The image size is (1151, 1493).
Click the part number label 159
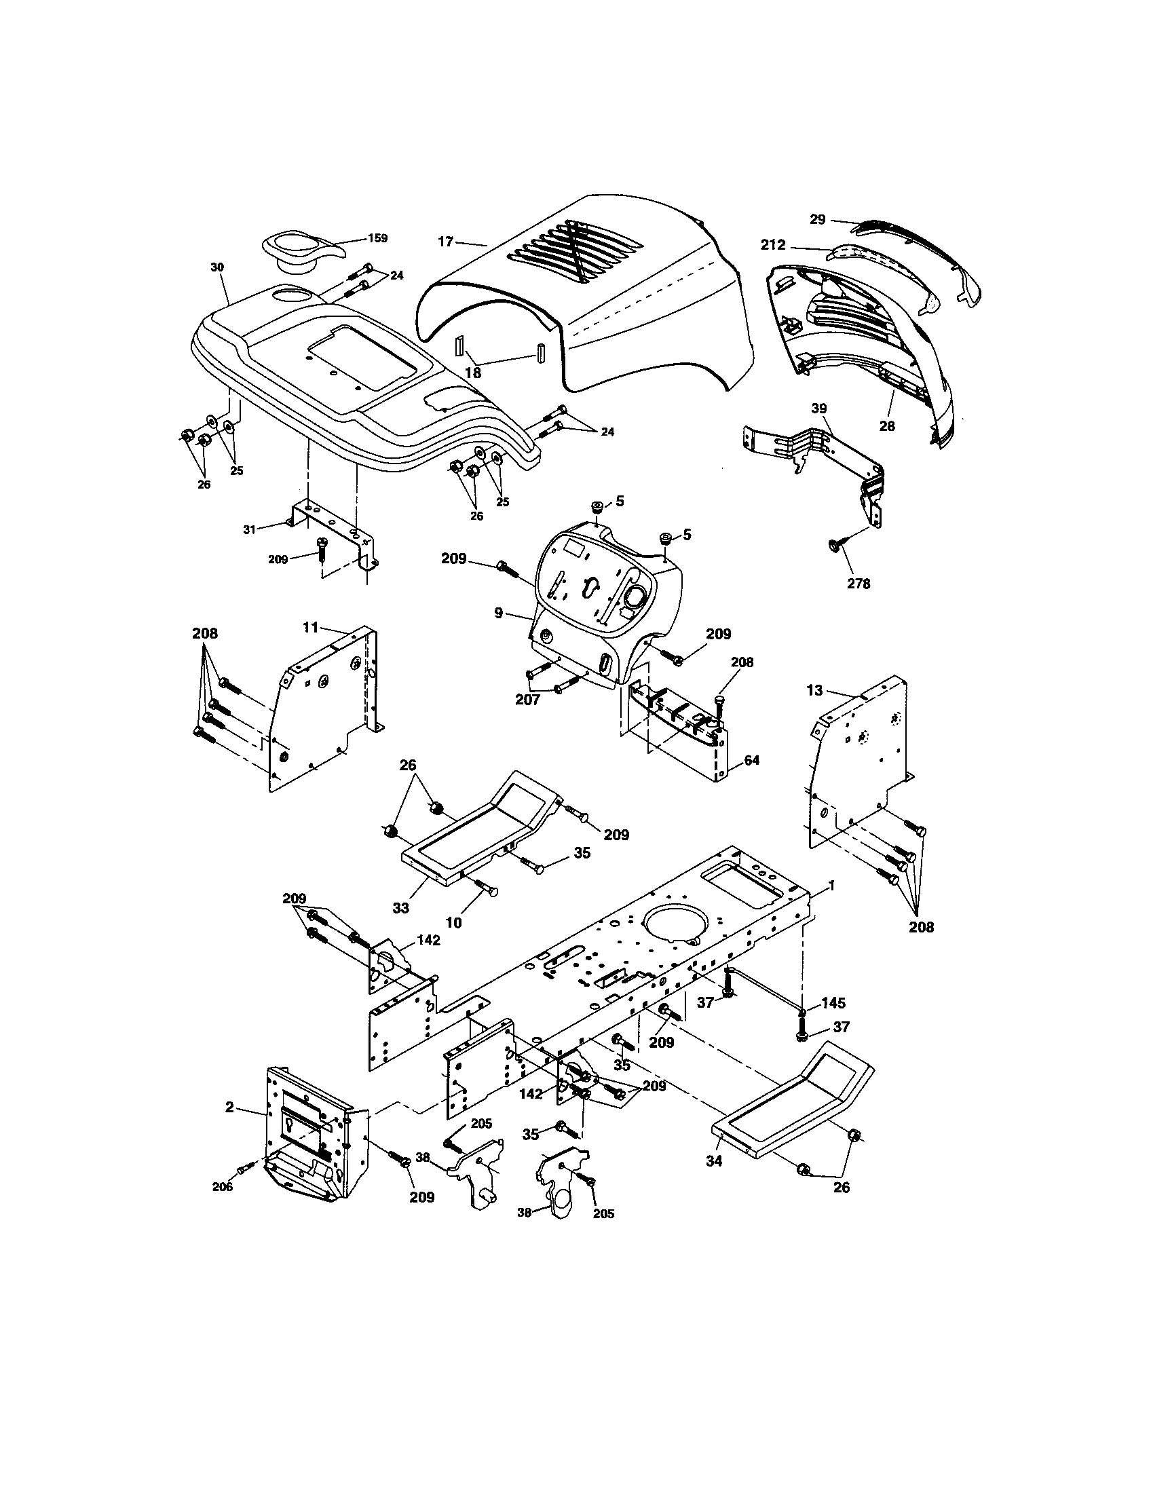pos(377,239)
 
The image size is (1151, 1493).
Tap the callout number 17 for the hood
pos(446,242)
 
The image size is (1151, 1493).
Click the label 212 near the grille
pos(773,245)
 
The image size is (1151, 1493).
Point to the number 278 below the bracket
pos(858,584)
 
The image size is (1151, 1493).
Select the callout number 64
pos(751,760)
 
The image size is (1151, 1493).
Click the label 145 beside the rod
pos(833,1003)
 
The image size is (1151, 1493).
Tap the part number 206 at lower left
pos(222,1187)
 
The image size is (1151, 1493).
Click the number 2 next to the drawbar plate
pos(230,1106)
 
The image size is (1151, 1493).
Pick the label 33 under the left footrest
pos(400,908)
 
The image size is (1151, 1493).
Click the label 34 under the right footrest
pos(714,1160)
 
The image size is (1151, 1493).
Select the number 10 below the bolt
pos(453,923)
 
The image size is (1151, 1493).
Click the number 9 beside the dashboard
pos(499,613)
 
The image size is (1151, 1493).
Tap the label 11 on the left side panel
pos(311,627)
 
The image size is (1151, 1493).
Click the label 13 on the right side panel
pos(814,690)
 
